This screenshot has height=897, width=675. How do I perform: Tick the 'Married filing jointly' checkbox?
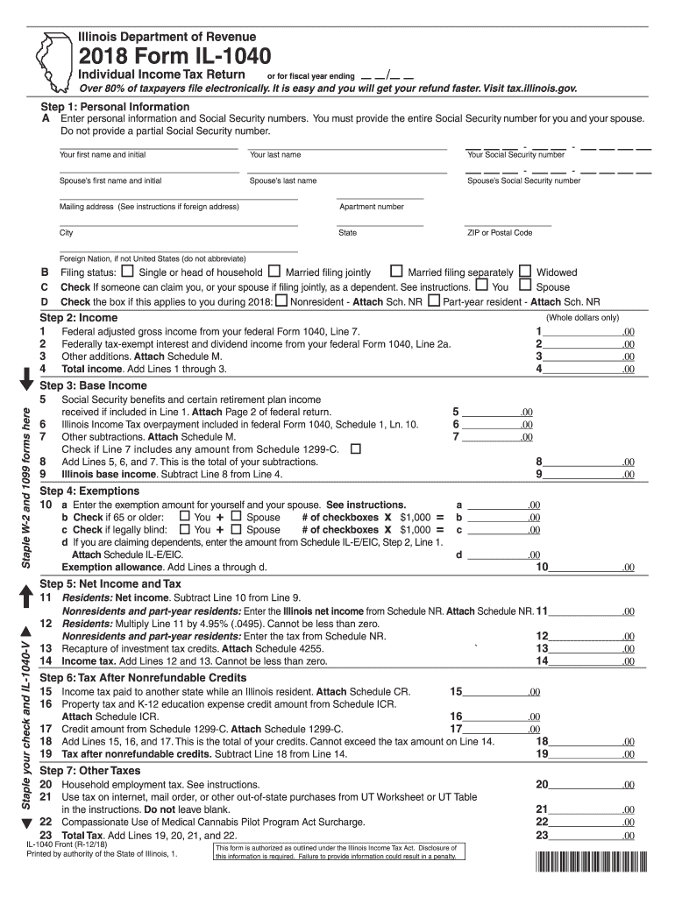(x=274, y=272)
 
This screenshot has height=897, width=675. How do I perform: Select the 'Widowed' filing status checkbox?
(x=525, y=272)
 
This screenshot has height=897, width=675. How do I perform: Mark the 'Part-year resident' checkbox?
(x=434, y=300)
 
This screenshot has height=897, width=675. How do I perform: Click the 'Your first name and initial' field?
(x=147, y=144)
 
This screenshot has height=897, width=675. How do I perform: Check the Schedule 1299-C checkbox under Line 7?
(x=356, y=448)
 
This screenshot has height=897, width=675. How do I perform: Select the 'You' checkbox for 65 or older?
(x=184, y=517)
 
